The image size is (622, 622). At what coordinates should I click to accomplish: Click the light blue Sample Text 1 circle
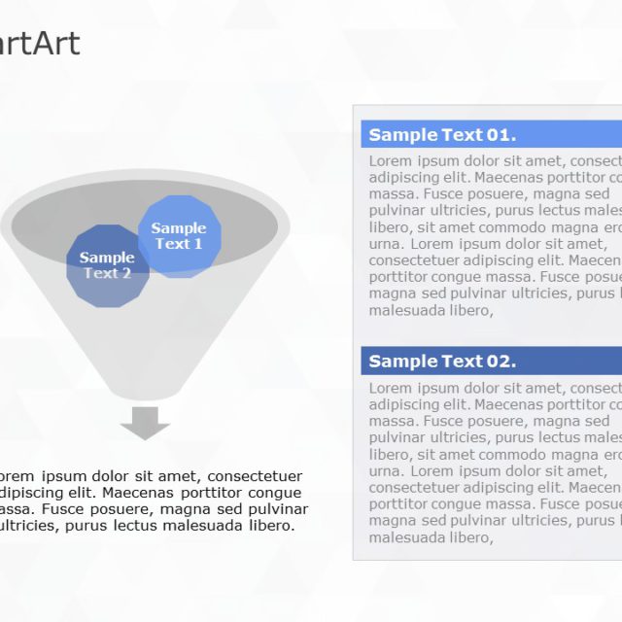[x=180, y=236]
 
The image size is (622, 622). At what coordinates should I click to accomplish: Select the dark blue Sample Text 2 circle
[x=107, y=265]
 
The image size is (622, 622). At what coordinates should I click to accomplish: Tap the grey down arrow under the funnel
[x=145, y=423]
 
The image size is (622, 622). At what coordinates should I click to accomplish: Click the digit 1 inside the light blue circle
[x=198, y=244]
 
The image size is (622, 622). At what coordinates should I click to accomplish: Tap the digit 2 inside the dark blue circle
[x=126, y=273]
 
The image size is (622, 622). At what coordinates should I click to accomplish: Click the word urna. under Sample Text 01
[x=387, y=244]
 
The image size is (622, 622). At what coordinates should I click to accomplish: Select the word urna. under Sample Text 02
[x=387, y=470]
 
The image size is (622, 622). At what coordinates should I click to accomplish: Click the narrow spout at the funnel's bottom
[x=146, y=391]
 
